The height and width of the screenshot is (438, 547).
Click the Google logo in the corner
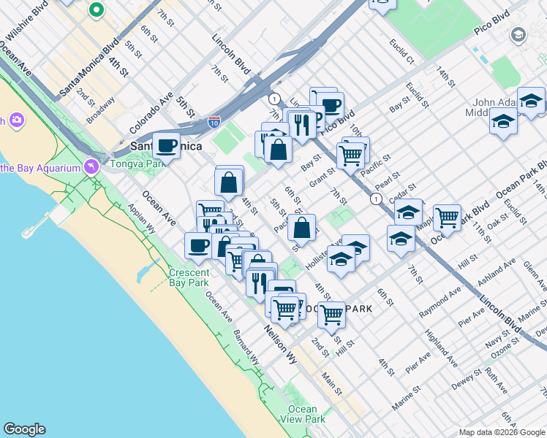point(24,429)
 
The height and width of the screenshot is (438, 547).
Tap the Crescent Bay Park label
point(189,278)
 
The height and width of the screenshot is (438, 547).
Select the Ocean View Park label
point(303,414)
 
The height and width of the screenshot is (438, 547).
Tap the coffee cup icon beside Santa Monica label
point(167,145)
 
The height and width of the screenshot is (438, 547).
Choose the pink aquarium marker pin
point(91,167)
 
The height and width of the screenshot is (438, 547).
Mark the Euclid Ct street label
point(401,50)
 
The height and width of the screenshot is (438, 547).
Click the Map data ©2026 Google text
point(501,432)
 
